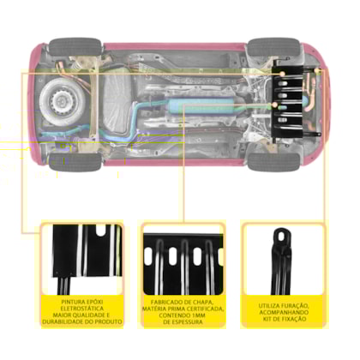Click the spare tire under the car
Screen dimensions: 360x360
tap(63, 101)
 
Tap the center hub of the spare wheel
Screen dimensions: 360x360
tap(62, 101)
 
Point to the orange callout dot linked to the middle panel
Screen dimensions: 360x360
tap(275, 105)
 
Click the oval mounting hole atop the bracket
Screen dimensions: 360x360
tap(281, 237)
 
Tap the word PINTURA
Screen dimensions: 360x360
tap(70, 302)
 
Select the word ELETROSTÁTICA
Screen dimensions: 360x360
tap(82, 309)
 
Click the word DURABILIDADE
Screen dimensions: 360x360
tap(61, 321)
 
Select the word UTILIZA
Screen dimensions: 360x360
tap(269, 306)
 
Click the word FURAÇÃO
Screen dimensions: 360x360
tap(295, 306)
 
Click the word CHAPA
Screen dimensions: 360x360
tap(203, 303)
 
